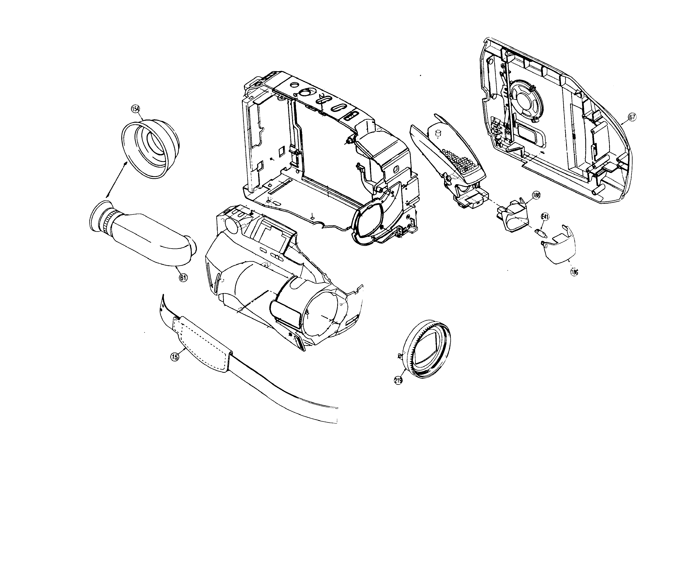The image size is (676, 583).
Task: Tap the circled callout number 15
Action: (x=175, y=357)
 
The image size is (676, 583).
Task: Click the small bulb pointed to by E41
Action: (x=541, y=233)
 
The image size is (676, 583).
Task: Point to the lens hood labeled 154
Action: (x=150, y=148)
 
